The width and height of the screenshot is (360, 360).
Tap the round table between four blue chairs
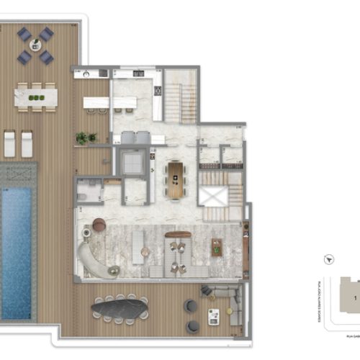[35, 45]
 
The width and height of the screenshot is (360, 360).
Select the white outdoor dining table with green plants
[35, 96]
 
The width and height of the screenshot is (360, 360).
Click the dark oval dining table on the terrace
[120, 310]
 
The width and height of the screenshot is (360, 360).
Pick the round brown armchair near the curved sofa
[99, 225]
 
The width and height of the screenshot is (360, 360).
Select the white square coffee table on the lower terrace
[214, 316]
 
